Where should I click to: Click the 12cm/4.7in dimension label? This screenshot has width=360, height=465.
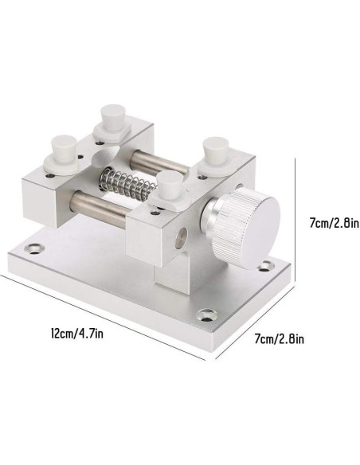coord(77,334)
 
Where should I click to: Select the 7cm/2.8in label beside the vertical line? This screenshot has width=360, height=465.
coord(335,222)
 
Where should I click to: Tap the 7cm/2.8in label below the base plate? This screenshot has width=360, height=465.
coord(280,338)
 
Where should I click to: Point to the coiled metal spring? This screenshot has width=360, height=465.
coord(127,184)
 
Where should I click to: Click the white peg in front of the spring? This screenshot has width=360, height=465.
coord(170,190)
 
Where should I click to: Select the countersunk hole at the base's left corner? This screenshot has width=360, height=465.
coord(35,248)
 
